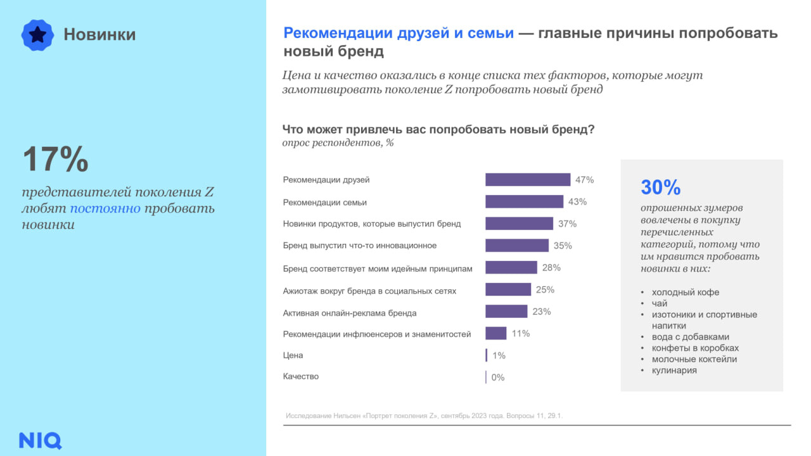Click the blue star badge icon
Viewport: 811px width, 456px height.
tap(37, 35)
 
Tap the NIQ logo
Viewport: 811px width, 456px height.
tap(41, 440)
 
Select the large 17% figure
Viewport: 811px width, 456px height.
tap(56, 159)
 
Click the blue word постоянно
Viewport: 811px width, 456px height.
tap(105, 209)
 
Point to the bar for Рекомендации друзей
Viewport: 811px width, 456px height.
tap(528, 180)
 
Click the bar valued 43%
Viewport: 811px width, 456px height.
tap(524, 202)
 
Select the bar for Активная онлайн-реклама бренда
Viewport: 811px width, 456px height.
tap(506, 312)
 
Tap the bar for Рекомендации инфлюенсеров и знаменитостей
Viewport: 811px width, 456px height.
tap(495, 333)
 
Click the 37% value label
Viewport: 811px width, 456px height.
tap(567, 224)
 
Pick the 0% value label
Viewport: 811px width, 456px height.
tap(498, 377)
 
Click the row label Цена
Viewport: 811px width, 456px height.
tap(293, 355)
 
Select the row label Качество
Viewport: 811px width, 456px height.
tap(300, 376)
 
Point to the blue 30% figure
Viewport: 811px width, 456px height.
tap(660, 187)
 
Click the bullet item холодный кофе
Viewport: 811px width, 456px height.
tap(686, 293)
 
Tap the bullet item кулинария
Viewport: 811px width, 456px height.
tap(674, 370)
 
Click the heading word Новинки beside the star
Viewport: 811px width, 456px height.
tap(99, 35)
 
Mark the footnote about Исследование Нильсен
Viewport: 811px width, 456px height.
tap(424, 415)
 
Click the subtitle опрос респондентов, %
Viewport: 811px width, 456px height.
tap(338, 143)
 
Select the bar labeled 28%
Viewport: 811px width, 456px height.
tap(511, 268)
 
